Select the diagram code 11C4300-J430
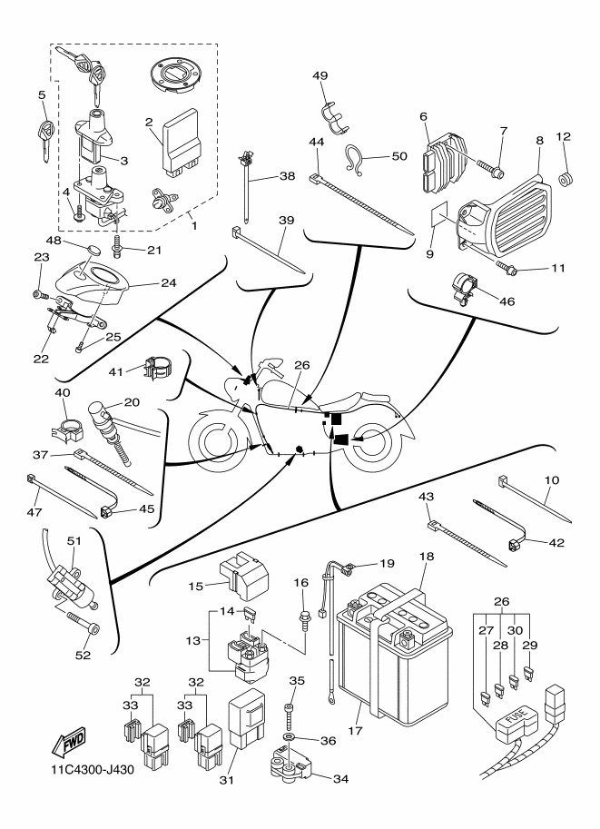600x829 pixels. point(86,773)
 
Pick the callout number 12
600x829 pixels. point(564,136)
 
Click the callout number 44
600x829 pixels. point(317,143)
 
